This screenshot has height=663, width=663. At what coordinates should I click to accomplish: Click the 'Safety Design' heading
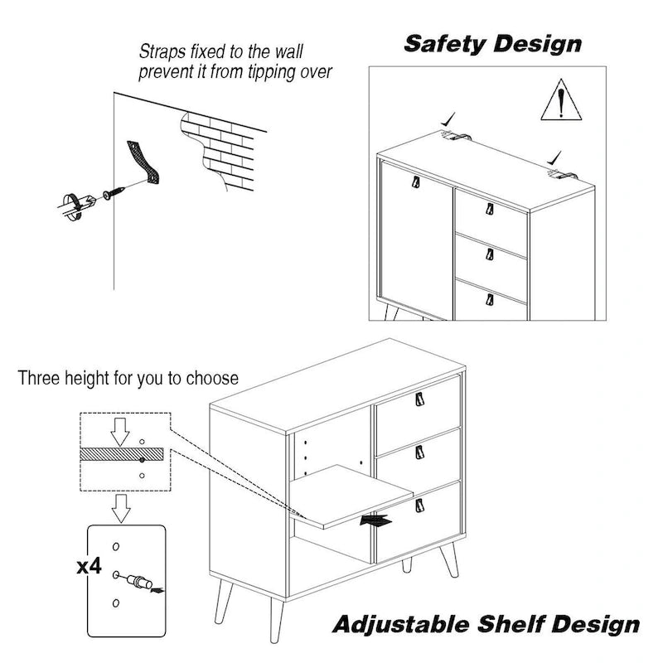coord(492,44)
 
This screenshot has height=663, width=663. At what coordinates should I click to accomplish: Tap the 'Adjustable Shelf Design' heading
coord(486,624)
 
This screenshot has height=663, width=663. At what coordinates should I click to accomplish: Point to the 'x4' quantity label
coord(89,568)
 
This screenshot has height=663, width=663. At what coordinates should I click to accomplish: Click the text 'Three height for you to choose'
coord(128,379)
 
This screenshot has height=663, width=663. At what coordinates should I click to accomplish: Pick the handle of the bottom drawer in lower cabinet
coord(418,502)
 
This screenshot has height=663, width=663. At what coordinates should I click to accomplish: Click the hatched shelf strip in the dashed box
coord(124,457)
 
